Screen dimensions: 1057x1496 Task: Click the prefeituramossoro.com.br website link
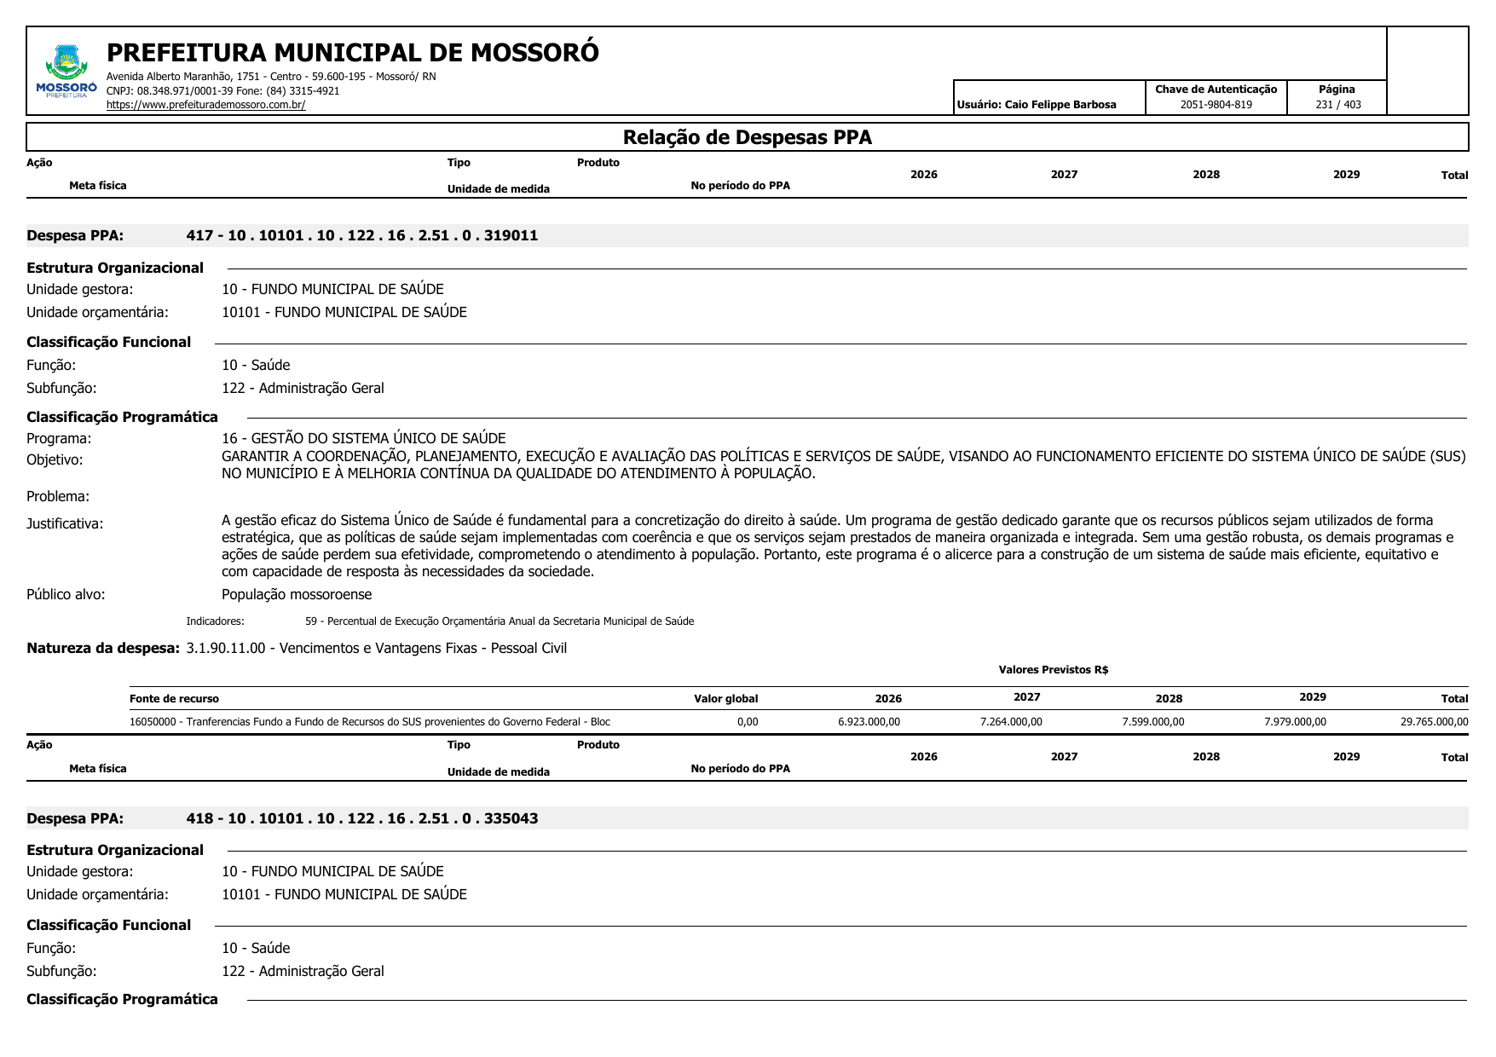(x=205, y=105)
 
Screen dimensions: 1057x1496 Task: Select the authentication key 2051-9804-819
(x=1216, y=105)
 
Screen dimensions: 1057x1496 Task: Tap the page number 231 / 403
(x=1337, y=105)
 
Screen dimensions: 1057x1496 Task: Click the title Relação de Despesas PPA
(x=747, y=137)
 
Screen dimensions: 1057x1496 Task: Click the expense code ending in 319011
(x=361, y=235)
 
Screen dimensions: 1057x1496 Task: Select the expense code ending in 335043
(x=361, y=818)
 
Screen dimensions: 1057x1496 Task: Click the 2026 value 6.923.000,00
(x=869, y=722)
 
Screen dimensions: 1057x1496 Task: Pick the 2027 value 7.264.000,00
(x=1010, y=722)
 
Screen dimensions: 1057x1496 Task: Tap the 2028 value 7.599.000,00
(x=1152, y=722)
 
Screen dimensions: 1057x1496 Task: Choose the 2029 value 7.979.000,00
(x=1295, y=722)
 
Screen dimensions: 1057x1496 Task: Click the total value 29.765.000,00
(x=1434, y=722)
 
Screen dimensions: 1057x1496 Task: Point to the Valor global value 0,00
(x=747, y=722)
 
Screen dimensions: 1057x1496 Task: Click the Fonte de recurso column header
(x=174, y=699)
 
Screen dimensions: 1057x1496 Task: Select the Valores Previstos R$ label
(x=1053, y=670)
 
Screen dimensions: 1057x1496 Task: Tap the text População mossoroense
(x=297, y=594)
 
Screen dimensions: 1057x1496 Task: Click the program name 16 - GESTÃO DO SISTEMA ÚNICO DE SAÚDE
(x=363, y=438)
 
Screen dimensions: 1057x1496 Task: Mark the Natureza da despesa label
(x=102, y=648)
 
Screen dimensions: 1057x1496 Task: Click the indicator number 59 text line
(x=499, y=621)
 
